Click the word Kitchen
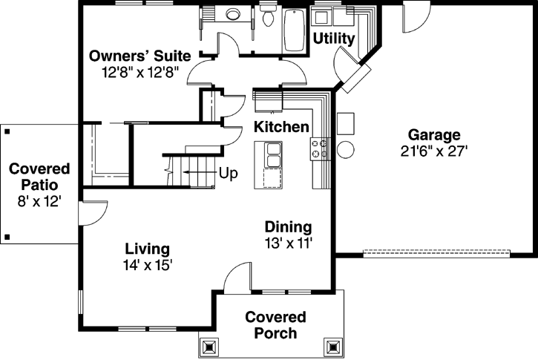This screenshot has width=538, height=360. tap(281, 127)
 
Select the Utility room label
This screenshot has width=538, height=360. tap(333, 38)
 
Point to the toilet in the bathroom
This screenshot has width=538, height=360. tap(267, 16)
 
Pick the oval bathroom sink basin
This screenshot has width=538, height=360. tap(234, 14)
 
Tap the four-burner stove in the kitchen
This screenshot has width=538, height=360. tap(320, 148)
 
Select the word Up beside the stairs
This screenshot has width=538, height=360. tap(228, 174)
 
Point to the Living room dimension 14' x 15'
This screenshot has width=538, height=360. tap(148, 264)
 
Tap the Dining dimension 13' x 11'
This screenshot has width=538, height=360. tap(289, 243)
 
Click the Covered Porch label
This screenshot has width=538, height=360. tap(275, 325)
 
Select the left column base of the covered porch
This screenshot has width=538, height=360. tap(208, 346)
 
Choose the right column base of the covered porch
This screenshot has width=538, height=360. tap(333, 346)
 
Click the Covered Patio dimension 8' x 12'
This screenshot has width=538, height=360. tap(39, 200)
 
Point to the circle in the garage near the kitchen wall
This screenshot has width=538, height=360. tap(345, 149)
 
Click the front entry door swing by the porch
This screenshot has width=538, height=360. tap(236, 278)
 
